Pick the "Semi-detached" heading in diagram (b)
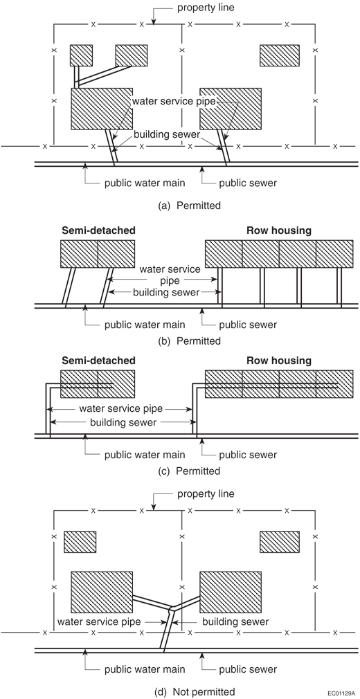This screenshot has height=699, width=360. click(x=98, y=231)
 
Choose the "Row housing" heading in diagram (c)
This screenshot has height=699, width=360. click(x=279, y=360)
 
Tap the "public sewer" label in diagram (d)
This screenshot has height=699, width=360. click(x=248, y=669)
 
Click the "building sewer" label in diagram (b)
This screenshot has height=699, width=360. click(x=166, y=293)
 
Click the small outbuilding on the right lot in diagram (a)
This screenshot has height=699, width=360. click(x=280, y=55)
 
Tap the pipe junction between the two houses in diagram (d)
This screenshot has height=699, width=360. click(x=171, y=607)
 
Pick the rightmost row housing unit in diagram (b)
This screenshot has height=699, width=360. click(x=334, y=254)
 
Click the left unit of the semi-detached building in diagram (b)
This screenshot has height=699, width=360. click(x=79, y=254)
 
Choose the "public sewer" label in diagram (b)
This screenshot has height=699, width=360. click(x=248, y=325)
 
